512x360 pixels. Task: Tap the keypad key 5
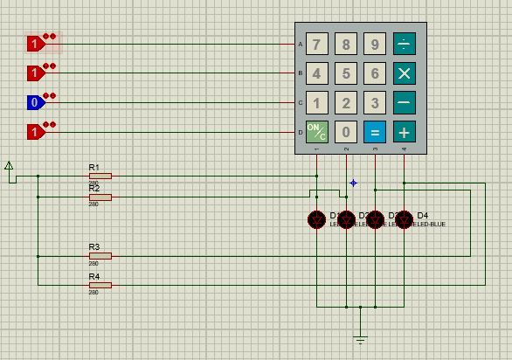pos(346,73)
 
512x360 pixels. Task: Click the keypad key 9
pos(375,44)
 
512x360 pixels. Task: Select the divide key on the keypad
pos(404,44)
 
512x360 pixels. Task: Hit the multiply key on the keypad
pos(404,73)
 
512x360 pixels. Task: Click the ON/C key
pos(316,132)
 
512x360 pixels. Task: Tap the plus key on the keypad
pos(404,132)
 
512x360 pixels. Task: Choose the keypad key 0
pos(346,132)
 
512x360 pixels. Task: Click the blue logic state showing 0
pos(35,103)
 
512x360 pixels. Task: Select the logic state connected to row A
pos(35,43)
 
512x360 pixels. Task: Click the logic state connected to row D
pos(35,132)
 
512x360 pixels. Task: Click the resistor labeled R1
pos(100,176)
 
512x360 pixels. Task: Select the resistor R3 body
pos(100,256)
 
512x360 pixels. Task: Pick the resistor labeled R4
pos(100,285)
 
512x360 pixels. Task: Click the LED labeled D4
pos(404,219)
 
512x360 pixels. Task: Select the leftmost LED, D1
pos(317,219)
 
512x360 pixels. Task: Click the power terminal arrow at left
pos(9,166)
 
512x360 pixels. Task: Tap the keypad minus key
pos(404,103)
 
